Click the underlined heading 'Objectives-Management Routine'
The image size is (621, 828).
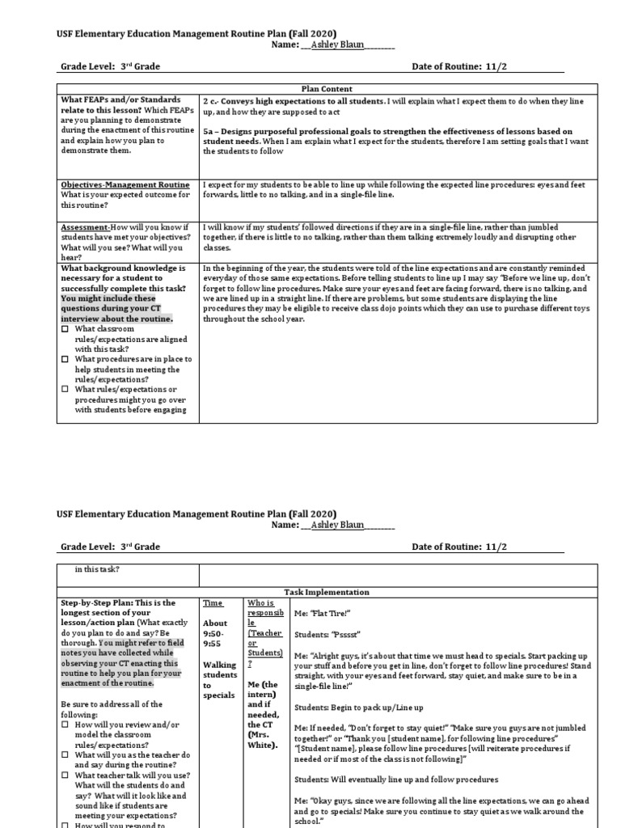(125, 185)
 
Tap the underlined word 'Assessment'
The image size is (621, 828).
(85, 228)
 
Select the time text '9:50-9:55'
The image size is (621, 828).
(214, 633)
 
